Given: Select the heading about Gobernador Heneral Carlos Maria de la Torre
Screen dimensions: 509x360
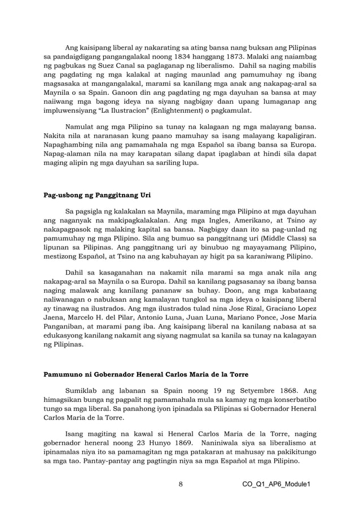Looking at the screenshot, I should pos(152,374).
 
